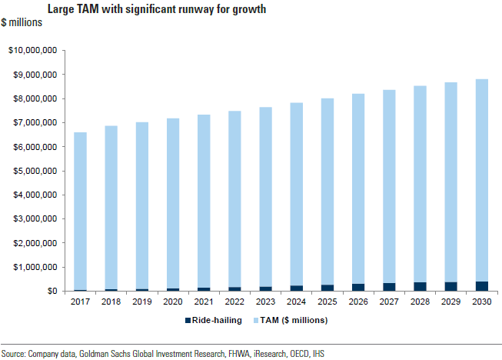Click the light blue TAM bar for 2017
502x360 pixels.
tap(80, 211)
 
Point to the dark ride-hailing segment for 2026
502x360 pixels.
tap(357, 287)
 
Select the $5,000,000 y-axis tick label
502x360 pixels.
tap(35, 171)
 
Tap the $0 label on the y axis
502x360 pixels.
tap(51, 292)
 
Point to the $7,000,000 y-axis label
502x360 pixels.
tap(35, 123)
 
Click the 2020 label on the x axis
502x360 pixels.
tap(173, 302)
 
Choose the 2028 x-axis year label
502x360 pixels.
tap(419, 302)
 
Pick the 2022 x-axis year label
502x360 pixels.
tap(234, 302)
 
